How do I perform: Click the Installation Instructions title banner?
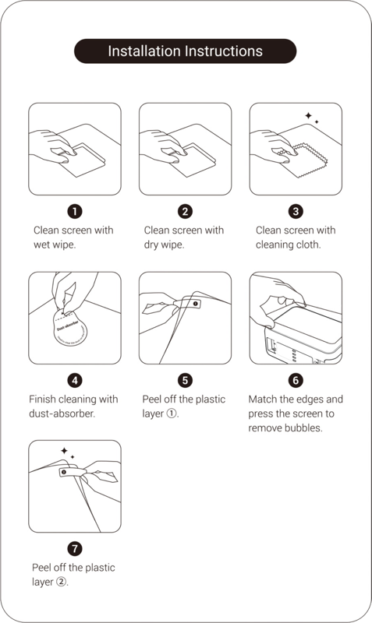pos(185,51)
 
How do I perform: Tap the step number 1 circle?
pos(75,211)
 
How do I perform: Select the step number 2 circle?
pos(185,211)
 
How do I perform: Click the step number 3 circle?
pos(296,211)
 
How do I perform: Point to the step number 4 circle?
pos(75,380)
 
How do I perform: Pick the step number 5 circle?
pos(185,380)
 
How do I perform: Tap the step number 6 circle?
pos(296,380)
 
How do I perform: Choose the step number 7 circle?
pos(75,548)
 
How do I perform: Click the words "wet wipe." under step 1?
pos(54,244)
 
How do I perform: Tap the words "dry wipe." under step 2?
pos(165,244)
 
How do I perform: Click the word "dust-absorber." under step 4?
pos(62,413)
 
